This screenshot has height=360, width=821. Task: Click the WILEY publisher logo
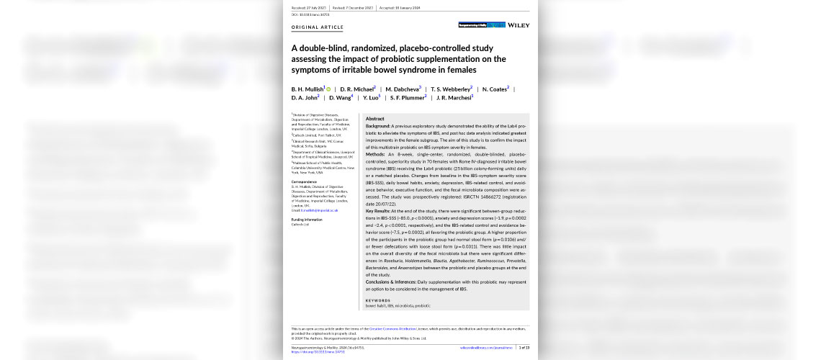(x=519, y=25)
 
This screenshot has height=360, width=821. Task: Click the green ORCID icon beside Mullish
(x=328, y=89)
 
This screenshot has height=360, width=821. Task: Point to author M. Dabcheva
(x=403, y=89)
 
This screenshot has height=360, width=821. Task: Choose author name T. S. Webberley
(x=451, y=89)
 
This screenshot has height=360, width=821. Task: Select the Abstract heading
(x=374, y=119)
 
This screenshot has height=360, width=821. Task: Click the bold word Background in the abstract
(x=377, y=126)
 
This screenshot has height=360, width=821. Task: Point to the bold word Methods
(x=375, y=154)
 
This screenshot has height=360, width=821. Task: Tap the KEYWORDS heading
(x=377, y=300)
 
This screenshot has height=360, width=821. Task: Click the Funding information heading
(x=307, y=219)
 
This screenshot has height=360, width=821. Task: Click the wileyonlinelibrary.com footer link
(x=486, y=347)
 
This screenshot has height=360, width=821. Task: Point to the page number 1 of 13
(x=524, y=347)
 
